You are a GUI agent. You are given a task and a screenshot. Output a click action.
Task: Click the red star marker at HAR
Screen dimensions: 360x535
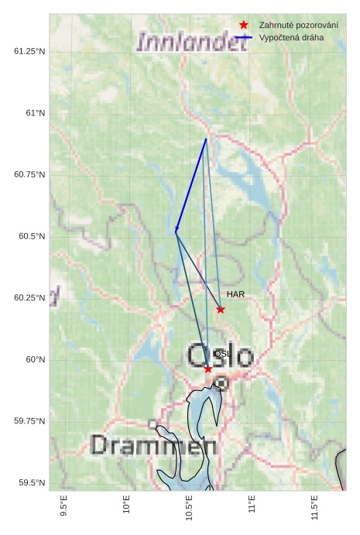click(221, 310)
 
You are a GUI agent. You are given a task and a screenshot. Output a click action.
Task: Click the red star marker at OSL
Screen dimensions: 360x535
click(207, 369)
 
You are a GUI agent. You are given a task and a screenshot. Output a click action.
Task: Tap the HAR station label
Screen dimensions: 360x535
click(235, 295)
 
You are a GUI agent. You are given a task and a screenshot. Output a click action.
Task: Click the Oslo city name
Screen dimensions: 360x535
click(220, 357)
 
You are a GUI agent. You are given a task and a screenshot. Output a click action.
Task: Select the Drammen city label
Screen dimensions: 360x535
click(153, 445)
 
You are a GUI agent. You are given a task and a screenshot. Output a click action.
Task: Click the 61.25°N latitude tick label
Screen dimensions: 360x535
click(29, 51)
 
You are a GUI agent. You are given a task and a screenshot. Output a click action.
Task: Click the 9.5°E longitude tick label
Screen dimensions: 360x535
click(64, 508)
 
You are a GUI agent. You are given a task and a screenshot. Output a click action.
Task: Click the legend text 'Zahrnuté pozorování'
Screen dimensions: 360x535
click(299, 26)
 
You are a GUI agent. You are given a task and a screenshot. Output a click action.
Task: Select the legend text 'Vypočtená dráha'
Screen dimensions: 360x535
click(291, 37)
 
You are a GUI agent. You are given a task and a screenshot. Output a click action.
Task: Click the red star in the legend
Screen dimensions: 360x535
click(244, 26)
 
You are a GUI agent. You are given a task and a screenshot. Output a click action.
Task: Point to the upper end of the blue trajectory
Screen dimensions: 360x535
click(206, 139)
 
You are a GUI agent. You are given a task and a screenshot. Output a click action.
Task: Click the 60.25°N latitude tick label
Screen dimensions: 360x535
click(29, 298)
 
